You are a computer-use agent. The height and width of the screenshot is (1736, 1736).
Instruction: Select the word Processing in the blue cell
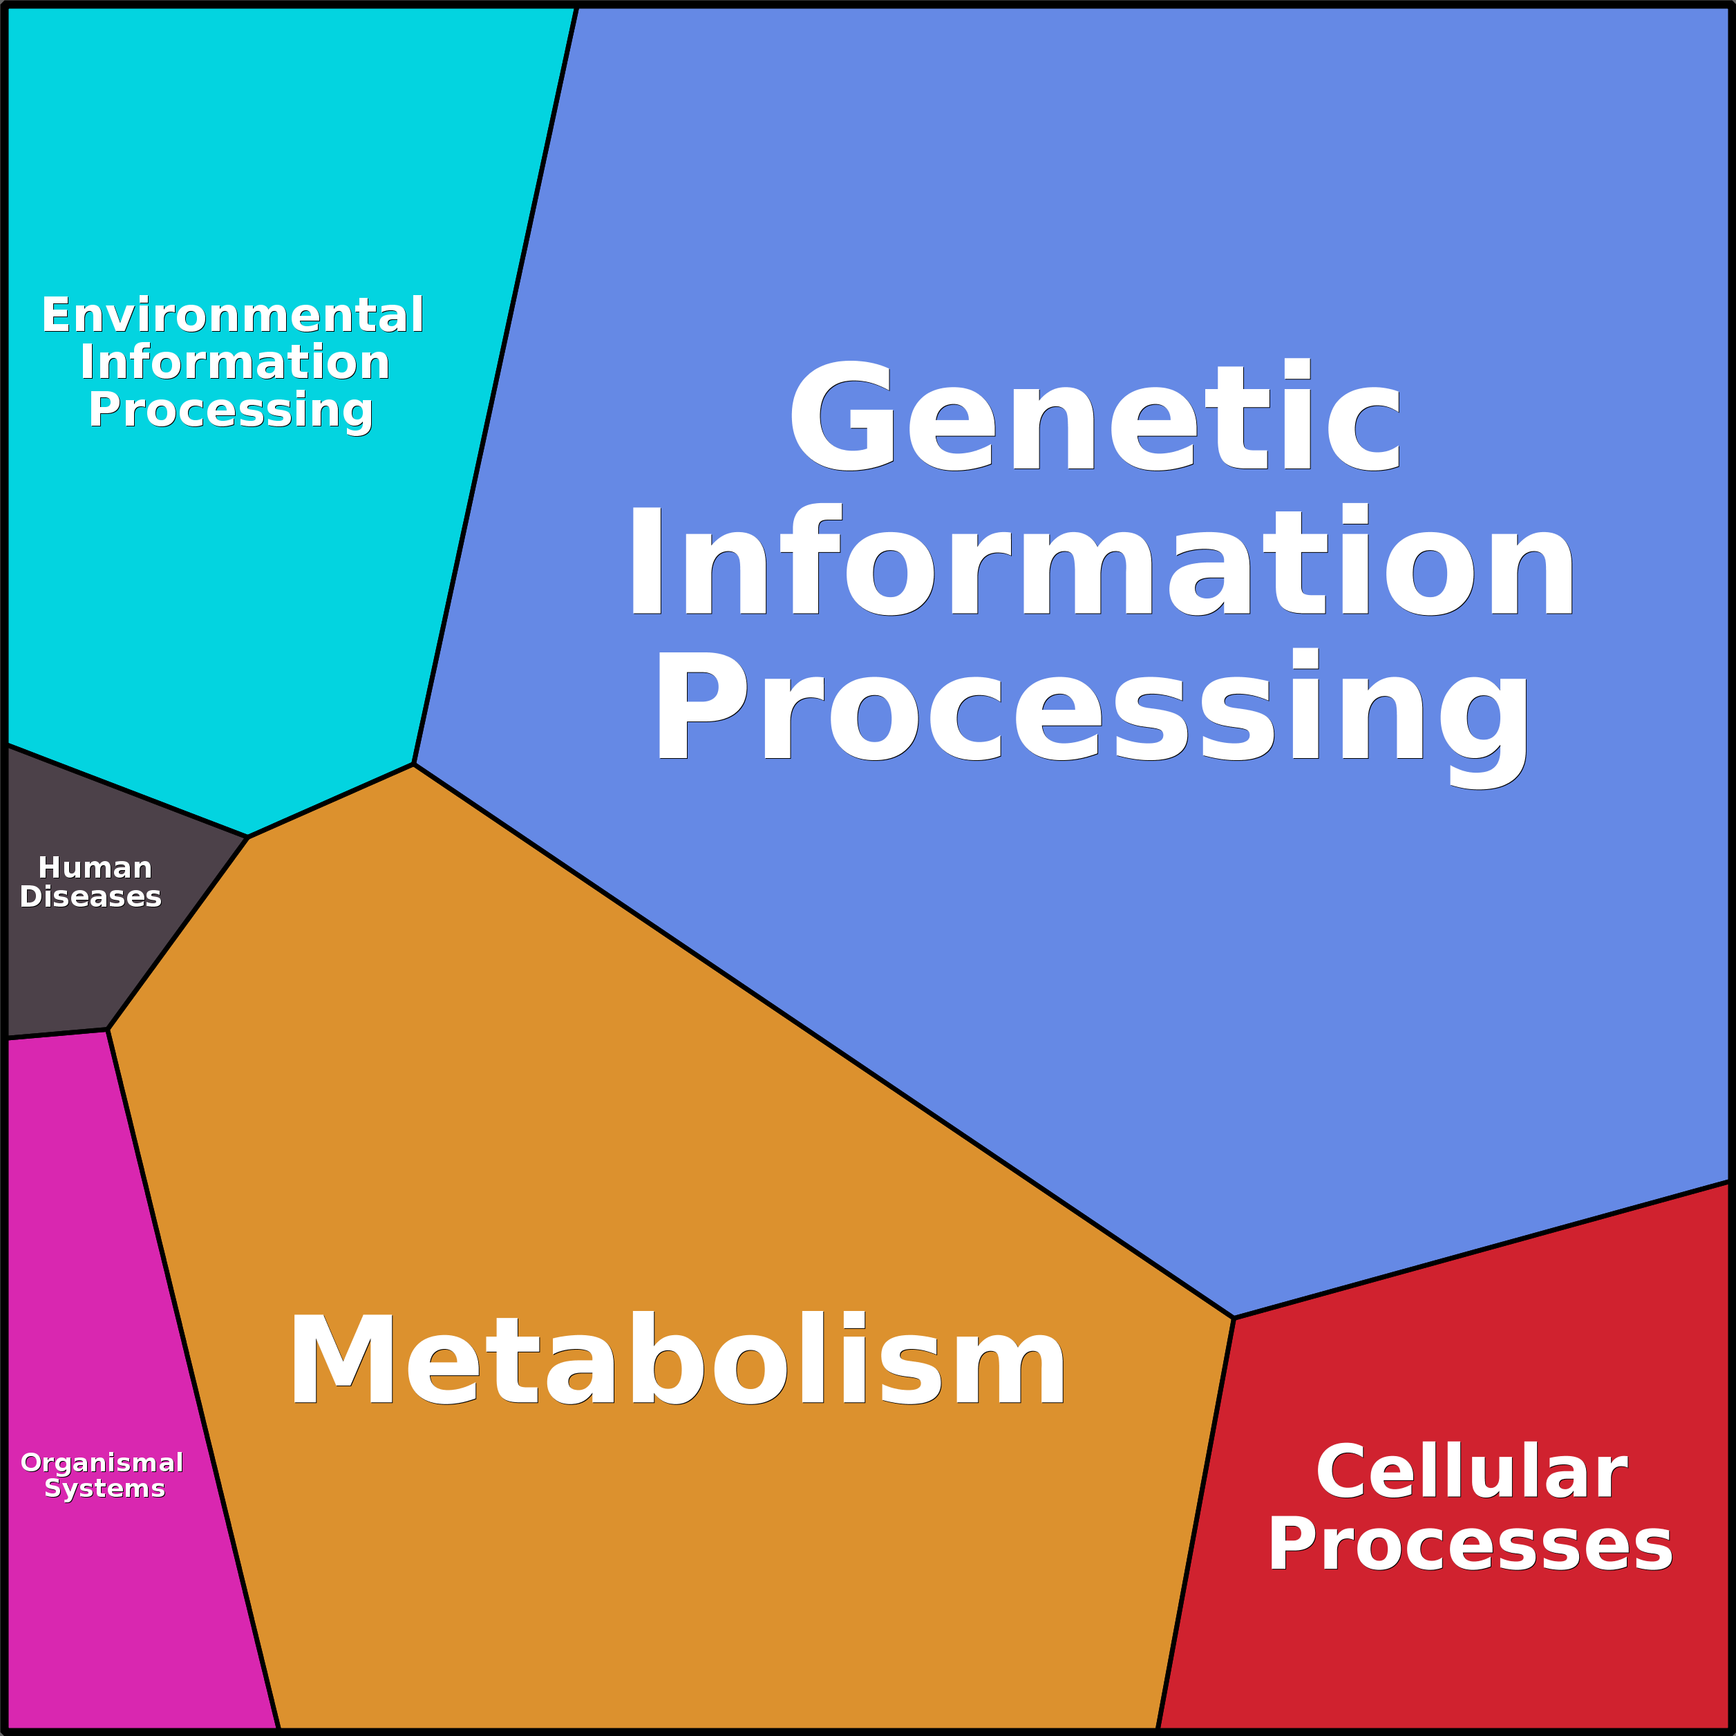click(x=1092, y=710)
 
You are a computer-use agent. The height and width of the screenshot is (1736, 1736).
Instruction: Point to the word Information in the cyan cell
click(x=234, y=362)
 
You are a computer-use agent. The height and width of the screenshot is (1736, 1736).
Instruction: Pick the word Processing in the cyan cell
click(x=231, y=410)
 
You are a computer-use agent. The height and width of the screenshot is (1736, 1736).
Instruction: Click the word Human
click(x=95, y=868)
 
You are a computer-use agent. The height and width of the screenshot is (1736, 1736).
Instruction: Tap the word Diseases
click(x=91, y=897)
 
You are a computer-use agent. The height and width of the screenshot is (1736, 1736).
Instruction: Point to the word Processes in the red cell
click(x=1470, y=1545)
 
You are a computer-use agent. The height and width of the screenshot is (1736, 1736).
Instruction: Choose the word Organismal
click(x=102, y=1463)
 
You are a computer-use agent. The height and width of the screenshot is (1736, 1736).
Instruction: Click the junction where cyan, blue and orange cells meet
click(x=413, y=764)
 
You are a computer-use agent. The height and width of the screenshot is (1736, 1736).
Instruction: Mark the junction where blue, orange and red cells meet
click(x=1234, y=1318)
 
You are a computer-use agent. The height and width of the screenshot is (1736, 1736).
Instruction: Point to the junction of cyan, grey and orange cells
click(x=248, y=836)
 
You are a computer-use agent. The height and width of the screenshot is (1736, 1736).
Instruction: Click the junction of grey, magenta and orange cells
click(x=108, y=1030)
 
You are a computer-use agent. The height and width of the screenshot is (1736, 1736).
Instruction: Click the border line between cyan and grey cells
click(x=126, y=791)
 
